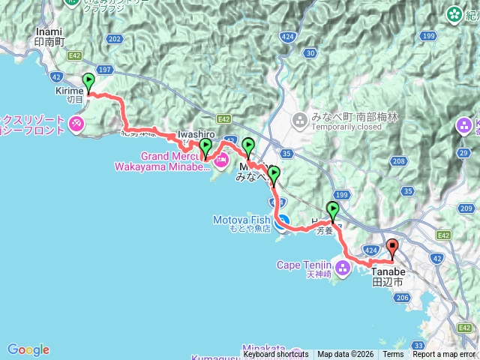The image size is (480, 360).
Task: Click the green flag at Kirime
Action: (88, 81)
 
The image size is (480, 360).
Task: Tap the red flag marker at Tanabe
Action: (392, 248)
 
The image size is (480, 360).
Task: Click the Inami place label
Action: (51, 32)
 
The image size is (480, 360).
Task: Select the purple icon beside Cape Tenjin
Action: (344, 266)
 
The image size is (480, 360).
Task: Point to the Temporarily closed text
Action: (343, 127)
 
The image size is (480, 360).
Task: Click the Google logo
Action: (28, 349)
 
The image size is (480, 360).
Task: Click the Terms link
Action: (393, 355)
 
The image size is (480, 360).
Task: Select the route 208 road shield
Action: (398, 161)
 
